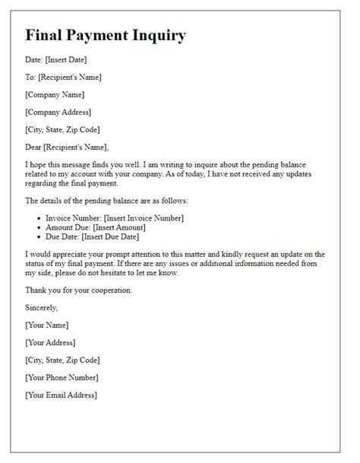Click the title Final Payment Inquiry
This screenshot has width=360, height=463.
(x=105, y=36)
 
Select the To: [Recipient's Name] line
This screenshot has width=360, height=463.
(x=63, y=77)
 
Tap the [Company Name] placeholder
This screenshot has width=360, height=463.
(x=55, y=94)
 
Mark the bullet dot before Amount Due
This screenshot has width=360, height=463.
(x=40, y=228)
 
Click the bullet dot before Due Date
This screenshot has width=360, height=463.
(x=40, y=237)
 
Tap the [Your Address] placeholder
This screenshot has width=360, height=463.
(x=55, y=342)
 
